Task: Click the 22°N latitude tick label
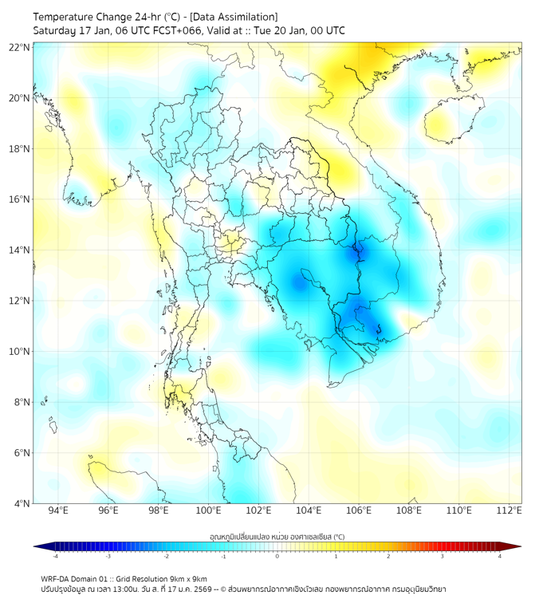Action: (20, 47)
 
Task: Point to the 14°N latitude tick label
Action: (20, 250)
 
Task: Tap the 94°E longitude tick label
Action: (58, 510)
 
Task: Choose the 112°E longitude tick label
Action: (509, 510)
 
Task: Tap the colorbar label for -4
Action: (55, 557)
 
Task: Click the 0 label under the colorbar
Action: (277, 557)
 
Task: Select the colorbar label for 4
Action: (499, 557)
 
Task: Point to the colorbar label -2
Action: (166, 557)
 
